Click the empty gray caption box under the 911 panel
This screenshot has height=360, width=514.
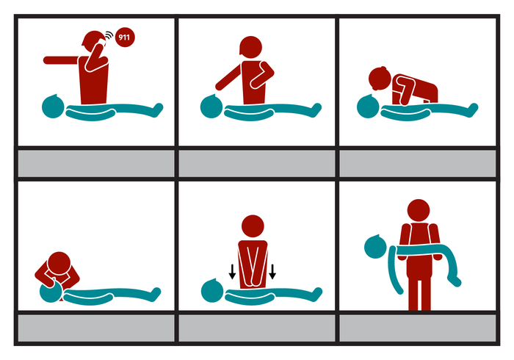pos(95,162)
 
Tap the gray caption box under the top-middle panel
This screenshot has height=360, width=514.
pos(256,162)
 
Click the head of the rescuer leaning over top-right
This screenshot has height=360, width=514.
pos(377,79)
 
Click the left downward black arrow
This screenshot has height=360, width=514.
pos(232,272)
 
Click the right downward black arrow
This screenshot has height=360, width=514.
pos(272,272)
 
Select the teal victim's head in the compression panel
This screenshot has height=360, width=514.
pos(212,291)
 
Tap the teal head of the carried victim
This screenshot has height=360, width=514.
pos(377,247)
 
